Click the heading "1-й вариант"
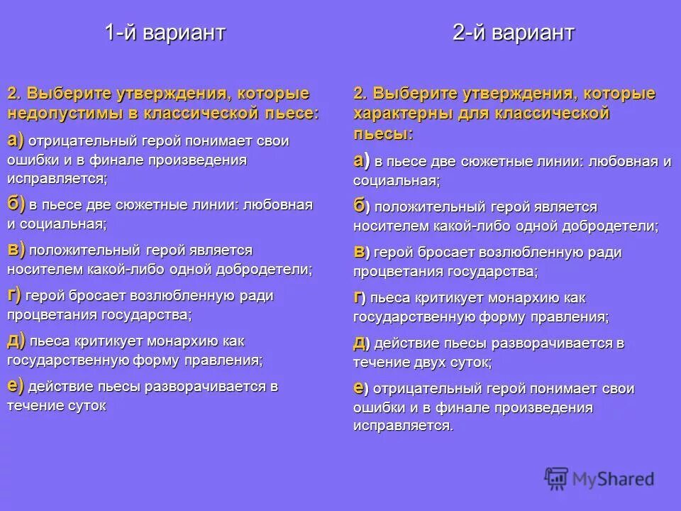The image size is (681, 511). tap(165, 33)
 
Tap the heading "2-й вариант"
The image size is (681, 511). tap(514, 33)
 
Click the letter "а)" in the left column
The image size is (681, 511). tap(16, 141)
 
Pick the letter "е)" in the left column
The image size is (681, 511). tap(16, 386)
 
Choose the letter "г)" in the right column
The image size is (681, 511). tap(360, 297)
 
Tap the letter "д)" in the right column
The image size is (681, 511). tap(360, 343)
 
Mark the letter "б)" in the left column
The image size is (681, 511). tap(16, 204)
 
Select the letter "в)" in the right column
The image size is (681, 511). tap(360, 252)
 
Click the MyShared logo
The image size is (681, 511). tap(599, 478)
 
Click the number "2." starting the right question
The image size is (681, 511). tap(360, 94)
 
